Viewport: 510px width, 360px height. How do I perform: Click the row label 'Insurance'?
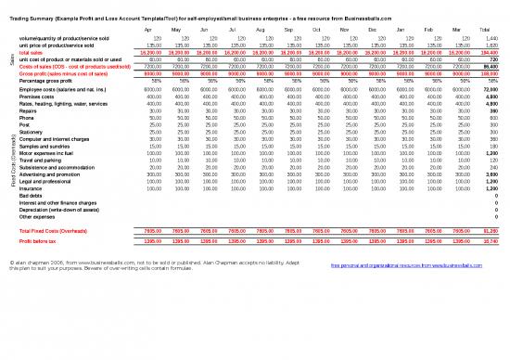tap(33, 189)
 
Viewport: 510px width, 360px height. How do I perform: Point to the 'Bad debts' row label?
tap(32, 196)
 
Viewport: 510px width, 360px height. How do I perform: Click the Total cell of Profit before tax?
tap(490, 239)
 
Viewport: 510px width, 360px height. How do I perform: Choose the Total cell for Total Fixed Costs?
tap(490, 228)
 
